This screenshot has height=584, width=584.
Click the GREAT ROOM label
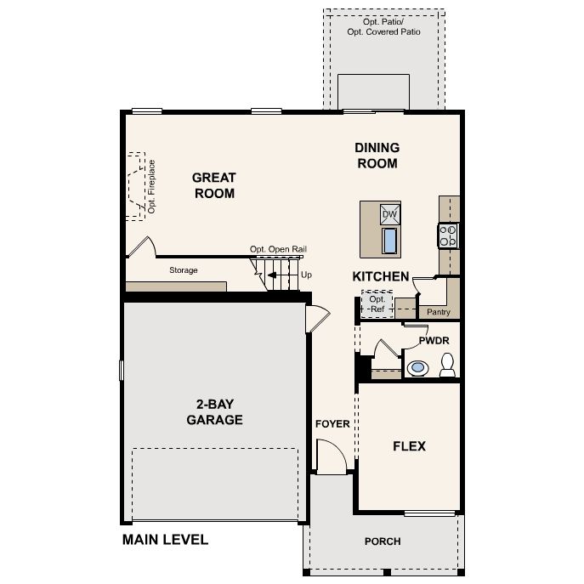[x=214, y=185]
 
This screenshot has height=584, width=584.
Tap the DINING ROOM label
[x=377, y=156]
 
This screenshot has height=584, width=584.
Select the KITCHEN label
[x=381, y=277]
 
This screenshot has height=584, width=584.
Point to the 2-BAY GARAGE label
[x=214, y=412]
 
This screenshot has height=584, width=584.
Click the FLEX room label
[x=409, y=445]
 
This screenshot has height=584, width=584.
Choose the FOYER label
[x=332, y=423]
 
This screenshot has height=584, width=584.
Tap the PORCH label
[x=382, y=541]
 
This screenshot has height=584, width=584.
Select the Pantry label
[x=439, y=312]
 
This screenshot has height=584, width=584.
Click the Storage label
[x=183, y=270]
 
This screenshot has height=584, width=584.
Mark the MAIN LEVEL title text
[x=165, y=540]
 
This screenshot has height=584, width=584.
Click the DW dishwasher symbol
[x=389, y=213]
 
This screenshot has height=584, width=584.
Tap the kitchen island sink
[x=389, y=242]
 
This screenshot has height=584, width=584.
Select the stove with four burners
[x=448, y=235]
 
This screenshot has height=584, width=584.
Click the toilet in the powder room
[x=448, y=366]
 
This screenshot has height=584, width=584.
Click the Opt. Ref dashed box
[x=377, y=304]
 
